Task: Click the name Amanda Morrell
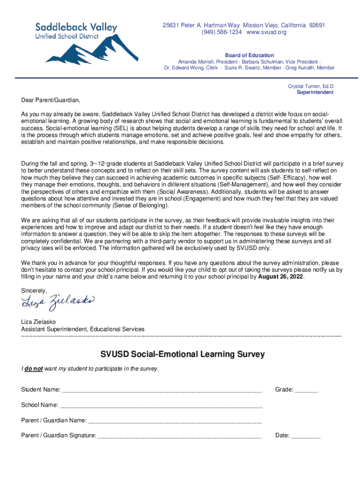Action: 195,62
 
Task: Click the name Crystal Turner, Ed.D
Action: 310,86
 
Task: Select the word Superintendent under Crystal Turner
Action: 315,92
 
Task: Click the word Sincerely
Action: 34,290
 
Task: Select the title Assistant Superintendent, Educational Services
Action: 83,329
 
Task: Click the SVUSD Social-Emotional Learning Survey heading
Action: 182,354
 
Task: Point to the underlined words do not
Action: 34,369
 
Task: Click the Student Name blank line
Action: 162,390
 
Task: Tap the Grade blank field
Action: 306,390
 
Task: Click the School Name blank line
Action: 161,405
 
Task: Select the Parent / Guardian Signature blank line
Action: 180,435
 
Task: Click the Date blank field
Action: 306,435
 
